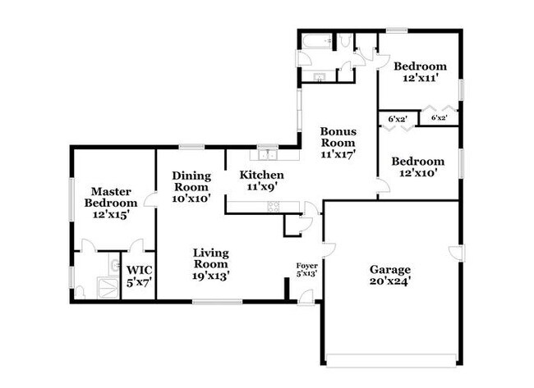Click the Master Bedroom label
(111, 197)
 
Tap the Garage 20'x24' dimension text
(390, 281)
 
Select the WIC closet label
(140, 271)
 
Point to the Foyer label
(307, 266)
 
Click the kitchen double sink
(267, 155)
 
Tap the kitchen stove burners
(274, 207)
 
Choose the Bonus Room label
(338, 137)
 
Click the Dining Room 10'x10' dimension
(191, 199)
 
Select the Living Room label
(211, 258)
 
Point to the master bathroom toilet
(80, 293)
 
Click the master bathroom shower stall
(108, 288)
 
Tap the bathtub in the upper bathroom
(317, 41)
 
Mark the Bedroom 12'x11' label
(420, 71)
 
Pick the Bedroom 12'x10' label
(418, 167)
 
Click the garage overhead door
(391, 360)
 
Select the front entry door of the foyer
(306, 297)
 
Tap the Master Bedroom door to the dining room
(150, 199)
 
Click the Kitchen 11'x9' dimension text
(261, 186)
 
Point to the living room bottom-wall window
(217, 302)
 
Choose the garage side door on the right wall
(456, 253)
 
